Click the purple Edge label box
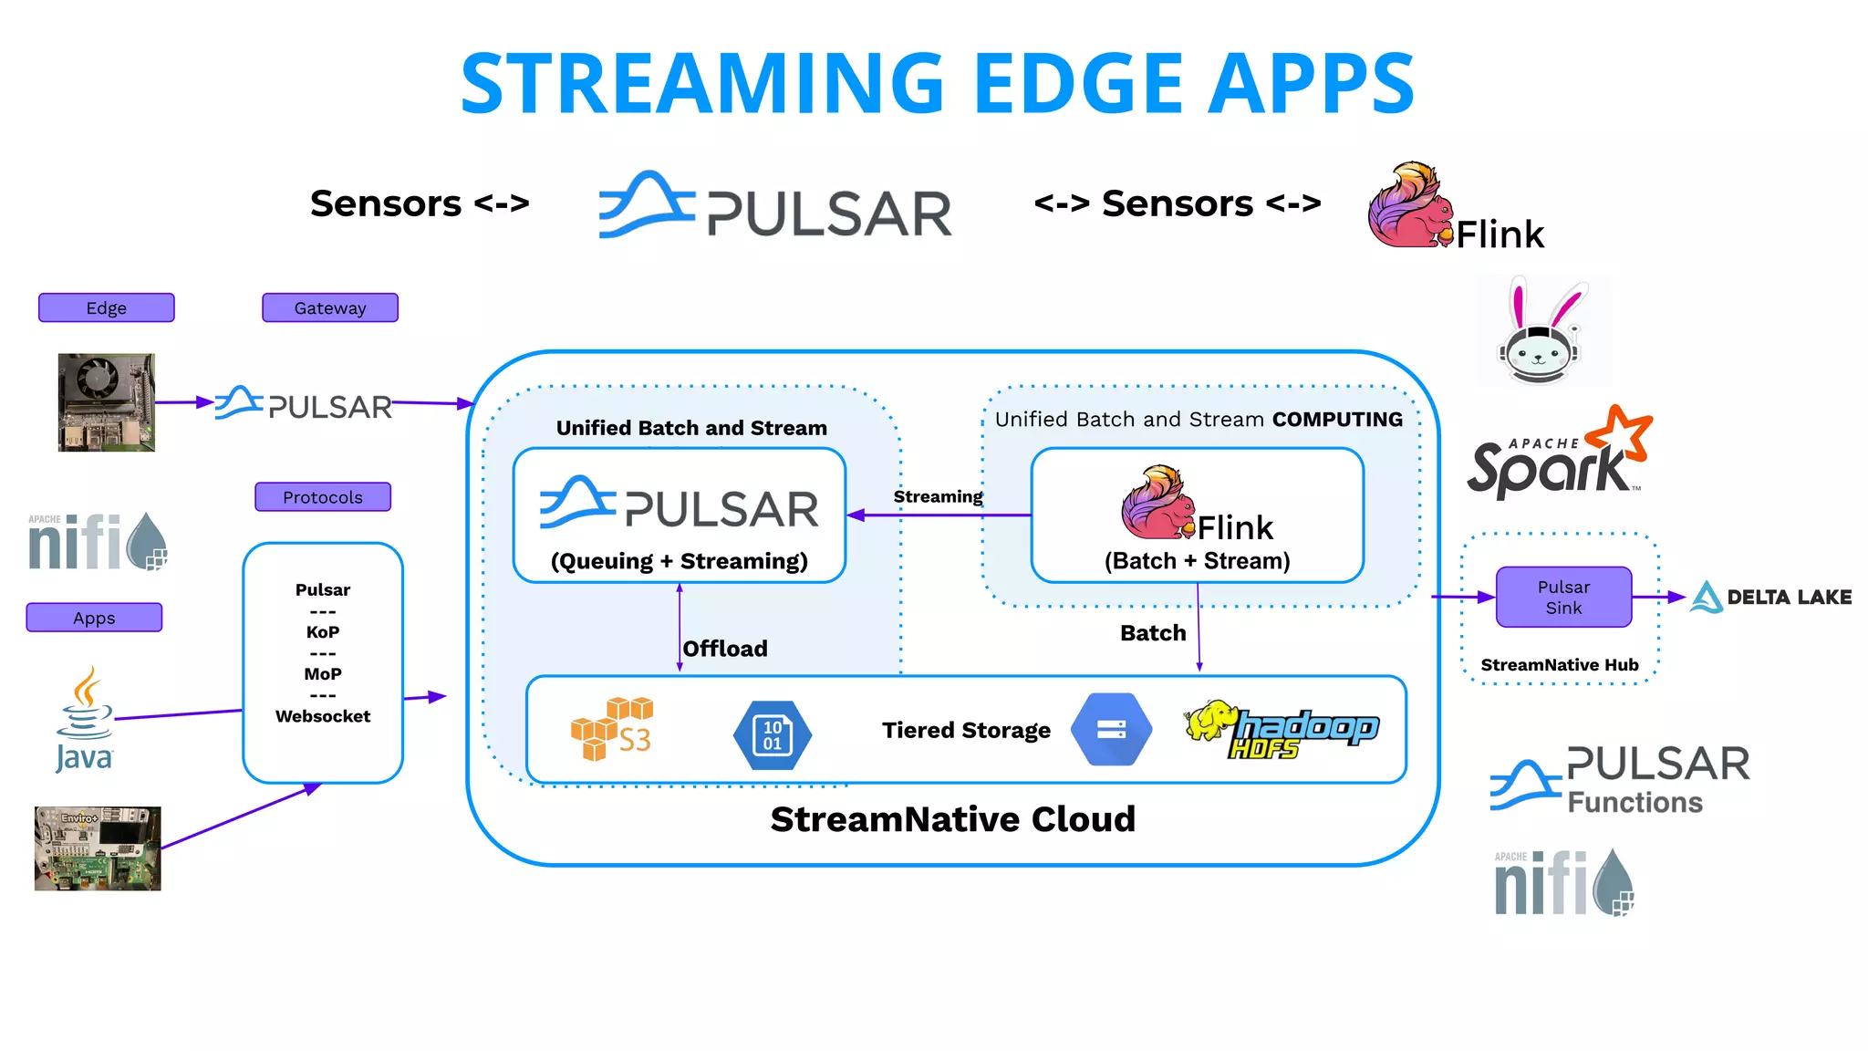pyautogui.click(x=106, y=307)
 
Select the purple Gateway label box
pyautogui.click(x=329, y=307)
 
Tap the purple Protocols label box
pyautogui.click(x=322, y=497)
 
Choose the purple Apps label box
pyautogui.click(x=94, y=618)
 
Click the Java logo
pyautogui.click(x=84, y=721)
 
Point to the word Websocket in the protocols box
pyautogui.click(x=322, y=716)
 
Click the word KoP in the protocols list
pyautogui.click(x=322, y=631)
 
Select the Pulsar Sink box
pyautogui.click(x=1562, y=598)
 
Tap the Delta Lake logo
pyautogui.click(x=1769, y=598)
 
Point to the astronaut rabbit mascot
pyautogui.click(x=1541, y=333)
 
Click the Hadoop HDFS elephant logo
pyautogui.click(x=1281, y=729)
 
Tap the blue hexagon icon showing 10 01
pyautogui.click(x=772, y=734)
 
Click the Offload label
pyautogui.click(x=724, y=649)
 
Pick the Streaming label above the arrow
pyautogui.click(x=938, y=496)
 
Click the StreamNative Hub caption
pyautogui.click(x=1559, y=665)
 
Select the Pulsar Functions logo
pyautogui.click(x=1619, y=780)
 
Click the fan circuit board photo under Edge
pyautogui.click(x=107, y=402)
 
